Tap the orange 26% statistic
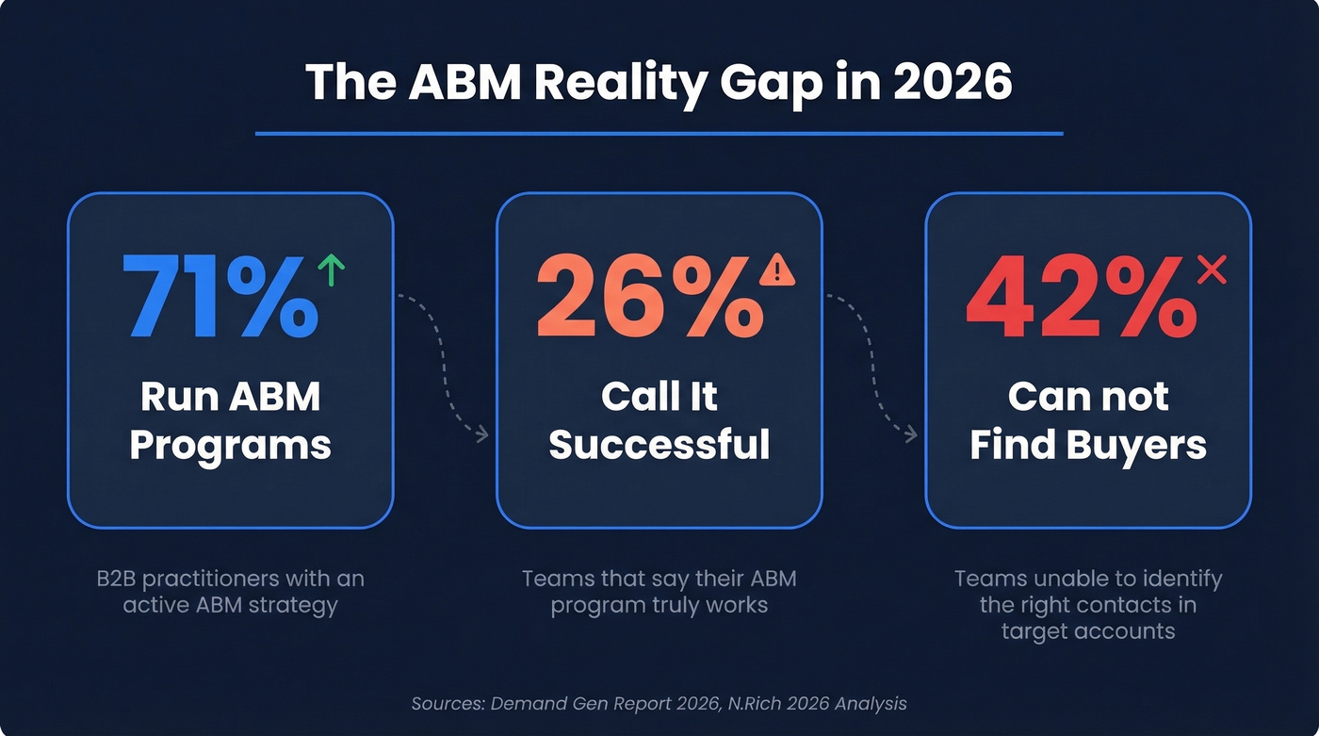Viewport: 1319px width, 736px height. point(648,296)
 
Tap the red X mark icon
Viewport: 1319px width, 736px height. point(1212,270)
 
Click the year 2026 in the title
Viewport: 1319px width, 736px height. point(953,83)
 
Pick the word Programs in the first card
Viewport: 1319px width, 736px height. point(230,444)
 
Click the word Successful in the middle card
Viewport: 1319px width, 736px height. point(659,444)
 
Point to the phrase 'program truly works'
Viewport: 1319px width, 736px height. point(659,604)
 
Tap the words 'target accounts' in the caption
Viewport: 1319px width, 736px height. point(1088,630)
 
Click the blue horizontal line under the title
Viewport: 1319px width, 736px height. point(659,134)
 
